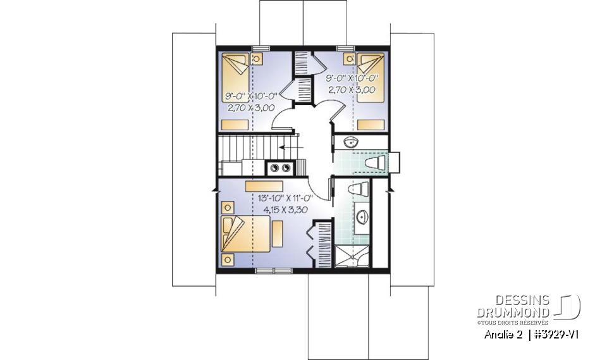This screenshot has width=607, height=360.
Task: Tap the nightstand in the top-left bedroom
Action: (257, 58)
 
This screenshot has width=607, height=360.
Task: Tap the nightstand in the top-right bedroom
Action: (348, 58)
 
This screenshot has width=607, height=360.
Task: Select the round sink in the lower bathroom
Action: (363, 218)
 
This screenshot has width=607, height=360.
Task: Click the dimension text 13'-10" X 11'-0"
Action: (286, 197)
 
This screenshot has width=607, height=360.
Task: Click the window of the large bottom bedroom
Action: (274, 271)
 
